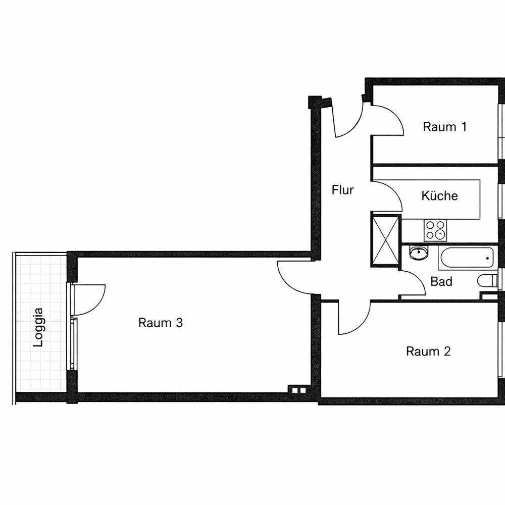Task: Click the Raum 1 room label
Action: pos(444,127)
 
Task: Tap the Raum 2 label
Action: pos(428,351)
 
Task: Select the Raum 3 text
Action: pos(161,322)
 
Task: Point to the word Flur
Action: pos(342,190)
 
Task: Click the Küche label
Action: pos(439,195)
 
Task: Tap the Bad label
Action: pos(441,281)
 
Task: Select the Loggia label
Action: pos(38,327)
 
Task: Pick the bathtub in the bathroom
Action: pos(466,258)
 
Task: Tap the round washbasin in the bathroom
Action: pos(418,252)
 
